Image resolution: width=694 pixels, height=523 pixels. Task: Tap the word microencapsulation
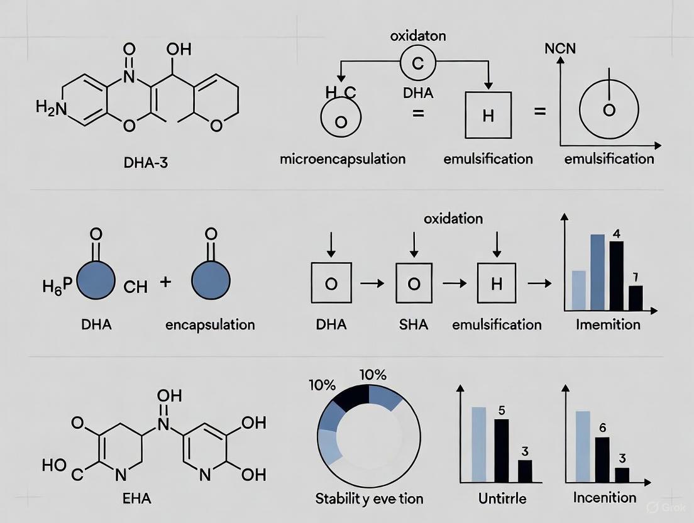click(x=342, y=158)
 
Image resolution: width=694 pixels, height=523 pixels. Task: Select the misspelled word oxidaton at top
click(x=417, y=36)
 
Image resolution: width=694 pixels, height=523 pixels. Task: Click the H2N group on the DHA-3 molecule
click(x=51, y=109)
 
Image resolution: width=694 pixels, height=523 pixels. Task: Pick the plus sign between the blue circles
click(x=166, y=282)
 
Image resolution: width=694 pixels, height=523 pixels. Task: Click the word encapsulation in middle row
click(x=210, y=325)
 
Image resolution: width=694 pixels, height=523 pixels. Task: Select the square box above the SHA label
click(x=413, y=284)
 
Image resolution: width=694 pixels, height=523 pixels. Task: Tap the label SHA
click(x=413, y=325)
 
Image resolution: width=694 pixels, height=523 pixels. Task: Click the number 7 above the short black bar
click(x=636, y=277)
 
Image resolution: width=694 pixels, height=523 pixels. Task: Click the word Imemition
click(x=608, y=325)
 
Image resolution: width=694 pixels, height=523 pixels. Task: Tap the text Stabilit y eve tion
click(x=369, y=499)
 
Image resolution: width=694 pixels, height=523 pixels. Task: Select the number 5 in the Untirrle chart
click(x=501, y=410)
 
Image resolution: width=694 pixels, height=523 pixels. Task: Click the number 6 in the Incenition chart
click(x=602, y=428)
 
